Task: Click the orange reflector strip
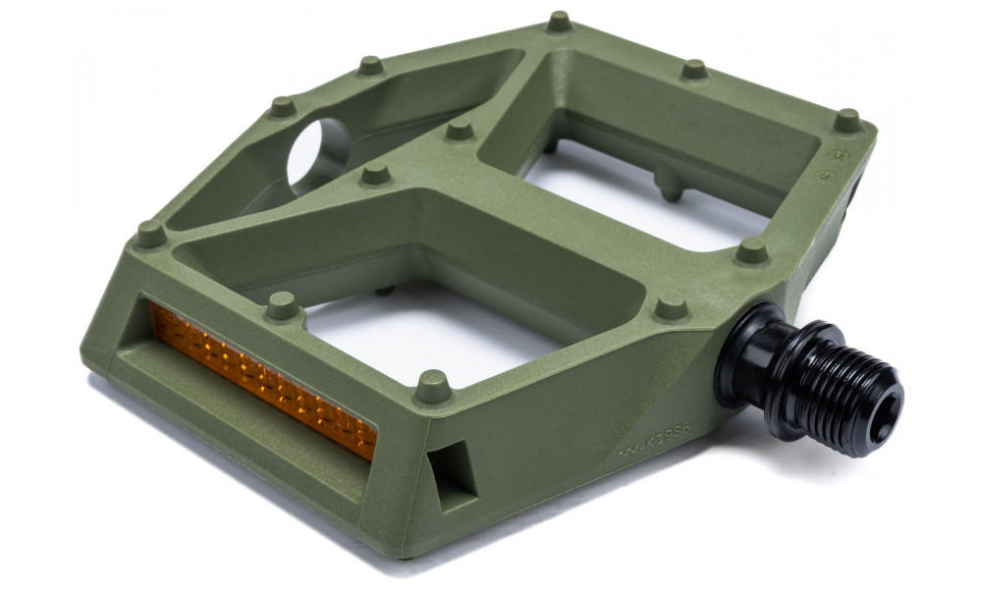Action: coord(260,379)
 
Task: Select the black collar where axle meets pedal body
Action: coord(746,353)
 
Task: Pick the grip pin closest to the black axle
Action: coord(672,306)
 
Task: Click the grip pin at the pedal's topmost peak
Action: coord(560,20)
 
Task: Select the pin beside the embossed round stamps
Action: coord(846,120)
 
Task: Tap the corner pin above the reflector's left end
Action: coord(149,233)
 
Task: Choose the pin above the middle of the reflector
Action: coord(282,304)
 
